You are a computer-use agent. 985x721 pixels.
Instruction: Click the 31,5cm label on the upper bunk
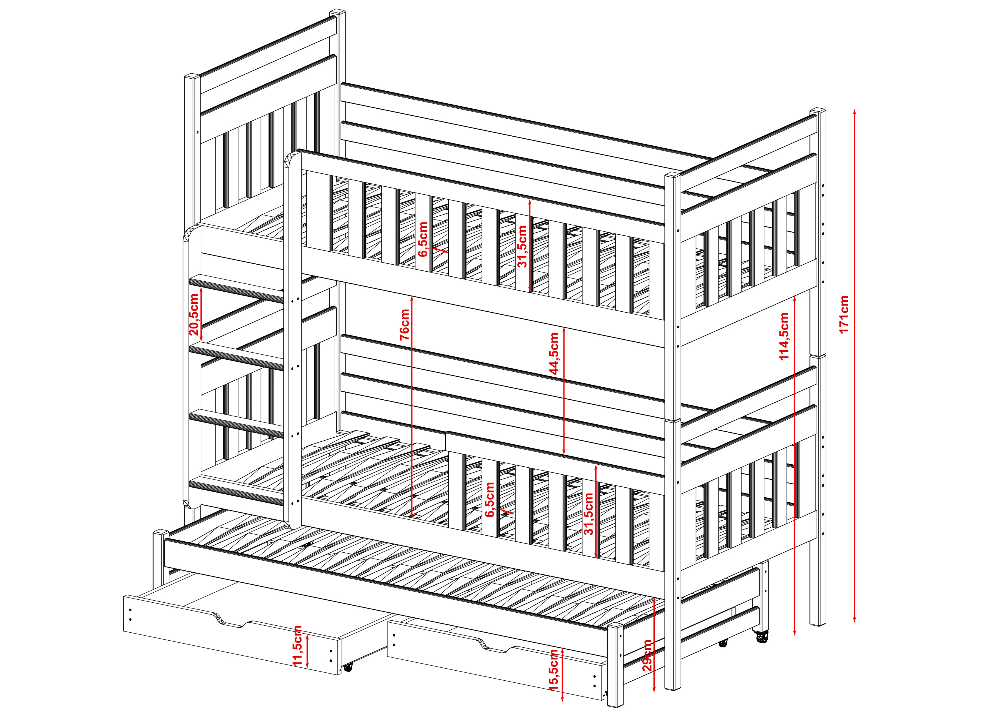(x=522, y=246)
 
